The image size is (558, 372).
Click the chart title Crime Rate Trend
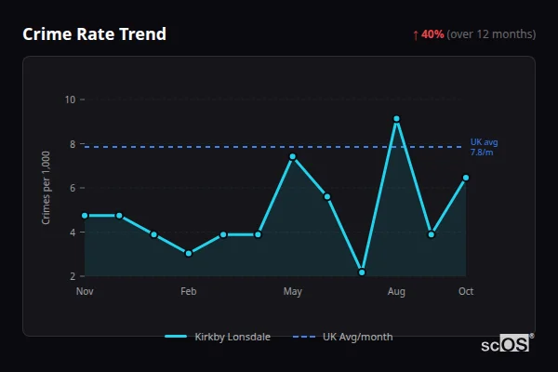(x=94, y=34)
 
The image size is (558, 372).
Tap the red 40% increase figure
(x=432, y=34)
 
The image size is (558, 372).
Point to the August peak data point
(x=396, y=119)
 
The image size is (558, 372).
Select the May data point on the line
(x=292, y=156)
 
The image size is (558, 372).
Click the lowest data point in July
(x=362, y=272)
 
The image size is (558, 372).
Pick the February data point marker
(x=189, y=253)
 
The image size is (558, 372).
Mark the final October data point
(x=466, y=178)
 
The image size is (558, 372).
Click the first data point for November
(x=85, y=216)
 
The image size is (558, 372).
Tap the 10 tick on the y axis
(x=70, y=100)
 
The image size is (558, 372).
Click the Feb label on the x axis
(x=189, y=292)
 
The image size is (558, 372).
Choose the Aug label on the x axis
(x=396, y=292)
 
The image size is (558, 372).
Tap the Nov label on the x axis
(x=85, y=292)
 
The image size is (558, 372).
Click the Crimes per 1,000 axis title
(x=46, y=188)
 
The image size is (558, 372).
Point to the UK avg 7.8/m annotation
(x=485, y=147)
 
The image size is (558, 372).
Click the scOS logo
(x=505, y=344)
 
